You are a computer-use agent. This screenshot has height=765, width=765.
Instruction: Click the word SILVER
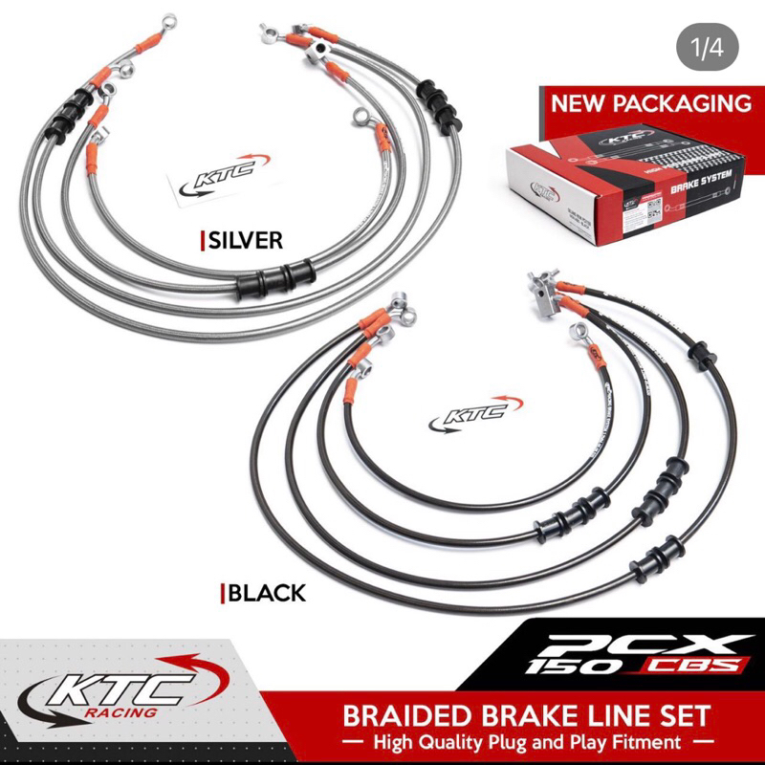tap(245, 240)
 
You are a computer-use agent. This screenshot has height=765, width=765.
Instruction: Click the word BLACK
tap(267, 593)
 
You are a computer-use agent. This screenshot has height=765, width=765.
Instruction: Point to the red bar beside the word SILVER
tap(202, 241)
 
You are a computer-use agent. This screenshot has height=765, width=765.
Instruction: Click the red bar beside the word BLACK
tap(223, 594)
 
